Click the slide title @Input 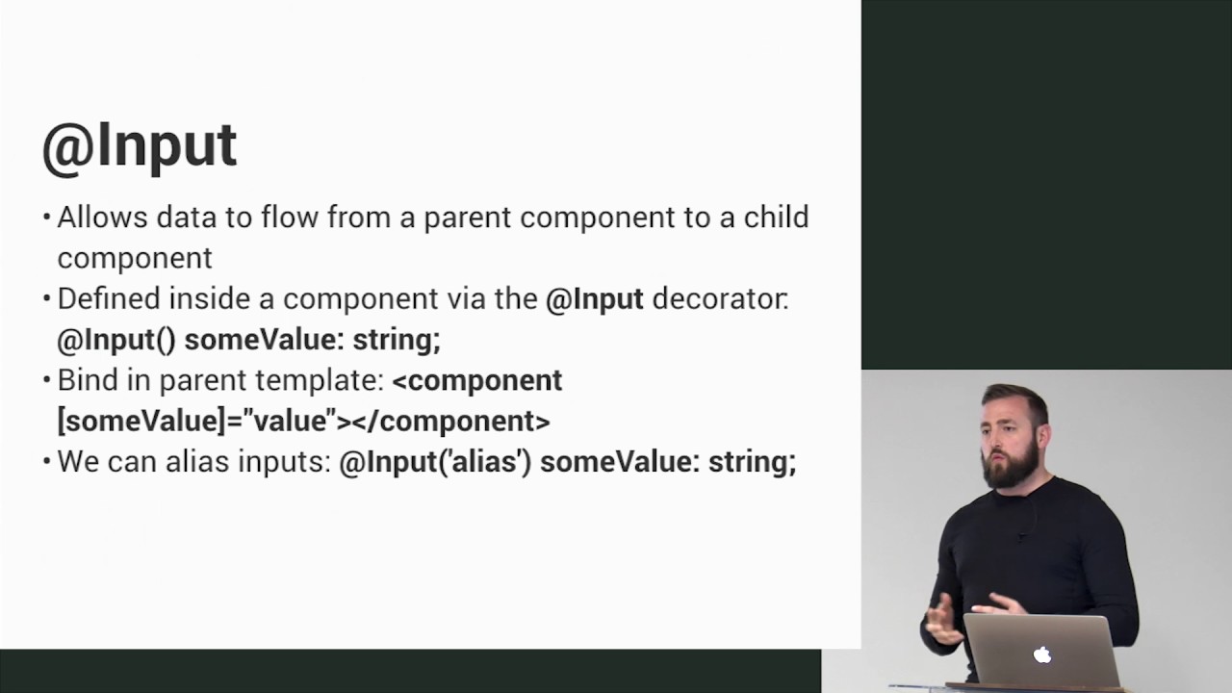(x=140, y=146)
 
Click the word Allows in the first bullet (x=102, y=218)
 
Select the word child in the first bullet (x=776, y=218)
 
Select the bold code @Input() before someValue (x=116, y=340)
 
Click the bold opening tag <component (x=477, y=381)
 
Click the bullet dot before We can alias (x=46, y=463)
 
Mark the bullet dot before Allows (x=46, y=218)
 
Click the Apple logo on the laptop (x=1041, y=655)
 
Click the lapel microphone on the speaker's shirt (x=1021, y=535)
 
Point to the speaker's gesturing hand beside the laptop (x=941, y=620)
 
